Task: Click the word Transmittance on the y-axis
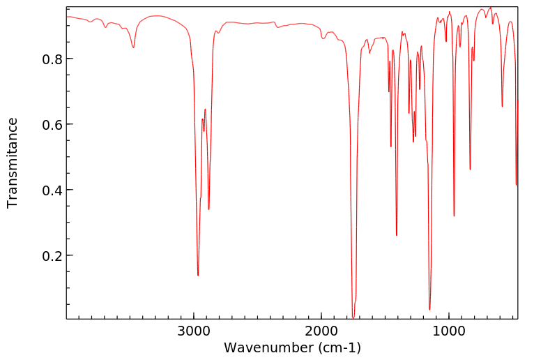[13, 163]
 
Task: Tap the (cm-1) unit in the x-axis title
[337, 347]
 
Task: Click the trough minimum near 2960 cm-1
[198, 276]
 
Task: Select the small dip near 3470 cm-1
[133, 47]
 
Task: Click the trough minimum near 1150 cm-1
[429, 309]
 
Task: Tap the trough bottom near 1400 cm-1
[397, 235]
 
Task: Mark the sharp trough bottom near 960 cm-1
[454, 216]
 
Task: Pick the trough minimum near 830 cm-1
[470, 169]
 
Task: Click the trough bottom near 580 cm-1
[502, 106]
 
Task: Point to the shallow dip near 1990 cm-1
[323, 38]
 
